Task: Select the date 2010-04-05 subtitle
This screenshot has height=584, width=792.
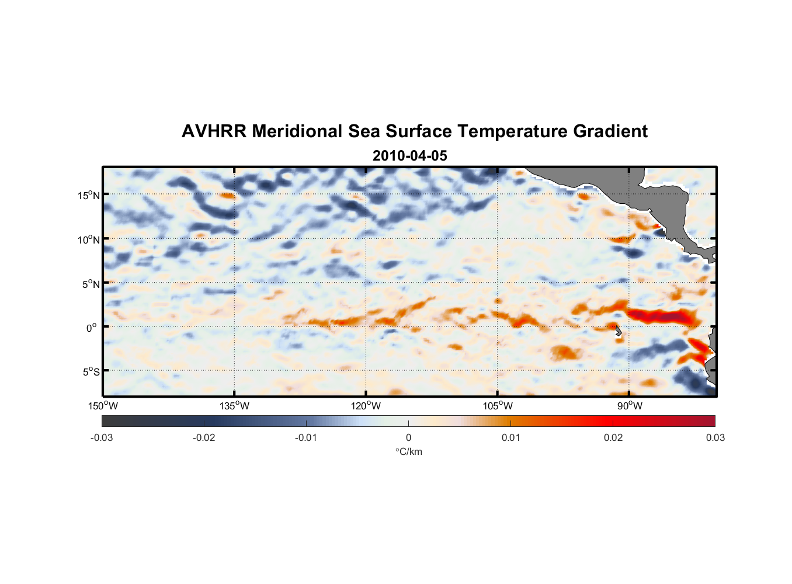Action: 409,156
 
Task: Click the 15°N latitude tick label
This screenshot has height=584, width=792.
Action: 89,195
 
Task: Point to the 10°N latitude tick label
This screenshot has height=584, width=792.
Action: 89,239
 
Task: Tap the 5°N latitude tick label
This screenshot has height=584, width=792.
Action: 91,284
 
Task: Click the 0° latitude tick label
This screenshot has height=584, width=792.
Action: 92,328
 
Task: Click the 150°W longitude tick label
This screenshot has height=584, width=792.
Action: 103,406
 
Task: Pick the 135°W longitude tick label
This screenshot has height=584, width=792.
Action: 234,406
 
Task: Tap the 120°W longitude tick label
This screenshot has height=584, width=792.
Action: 366,406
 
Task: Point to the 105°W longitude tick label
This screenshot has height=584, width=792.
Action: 497,406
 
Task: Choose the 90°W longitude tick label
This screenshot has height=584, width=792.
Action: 629,406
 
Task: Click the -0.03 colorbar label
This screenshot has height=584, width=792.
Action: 102,437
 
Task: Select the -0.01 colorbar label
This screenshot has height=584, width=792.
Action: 306,437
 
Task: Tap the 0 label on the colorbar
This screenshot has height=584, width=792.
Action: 408,437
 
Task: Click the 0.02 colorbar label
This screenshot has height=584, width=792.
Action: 613,437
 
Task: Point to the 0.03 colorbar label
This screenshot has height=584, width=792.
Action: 715,437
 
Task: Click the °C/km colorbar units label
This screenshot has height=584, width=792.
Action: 408,451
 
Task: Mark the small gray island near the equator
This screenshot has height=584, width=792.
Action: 619,331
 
